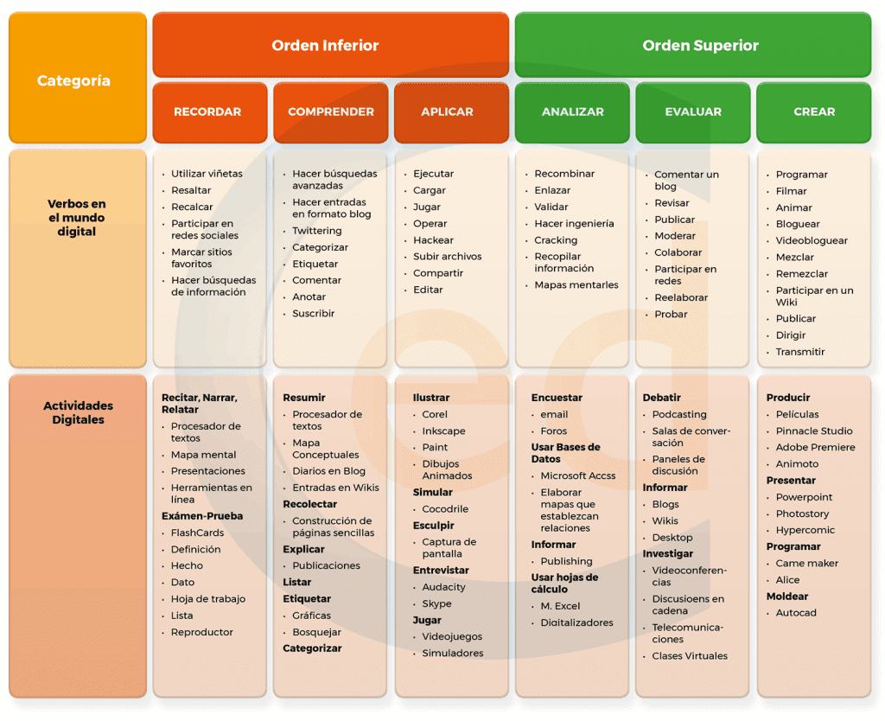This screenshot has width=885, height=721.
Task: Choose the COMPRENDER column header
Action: (331, 112)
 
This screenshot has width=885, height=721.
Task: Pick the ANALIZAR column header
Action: (572, 112)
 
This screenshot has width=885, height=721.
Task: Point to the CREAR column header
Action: (814, 112)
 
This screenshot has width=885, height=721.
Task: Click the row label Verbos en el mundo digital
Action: (77, 217)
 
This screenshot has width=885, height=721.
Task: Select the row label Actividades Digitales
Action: (78, 412)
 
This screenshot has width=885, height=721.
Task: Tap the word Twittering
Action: (316, 230)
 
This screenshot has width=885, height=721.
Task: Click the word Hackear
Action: (433, 240)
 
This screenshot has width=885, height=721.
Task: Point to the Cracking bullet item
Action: (556, 240)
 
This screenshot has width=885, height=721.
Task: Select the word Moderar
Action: (674, 235)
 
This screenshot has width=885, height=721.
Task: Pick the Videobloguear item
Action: (811, 240)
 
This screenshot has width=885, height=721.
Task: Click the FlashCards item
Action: (197, 533)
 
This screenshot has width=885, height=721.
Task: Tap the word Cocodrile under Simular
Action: (445, 508)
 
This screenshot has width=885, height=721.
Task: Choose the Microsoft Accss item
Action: (577, 475)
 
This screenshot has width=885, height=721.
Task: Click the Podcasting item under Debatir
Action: (679, 414)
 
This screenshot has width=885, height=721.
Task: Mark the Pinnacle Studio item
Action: (814, 431)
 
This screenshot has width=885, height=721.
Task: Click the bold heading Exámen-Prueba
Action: (202, 516)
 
